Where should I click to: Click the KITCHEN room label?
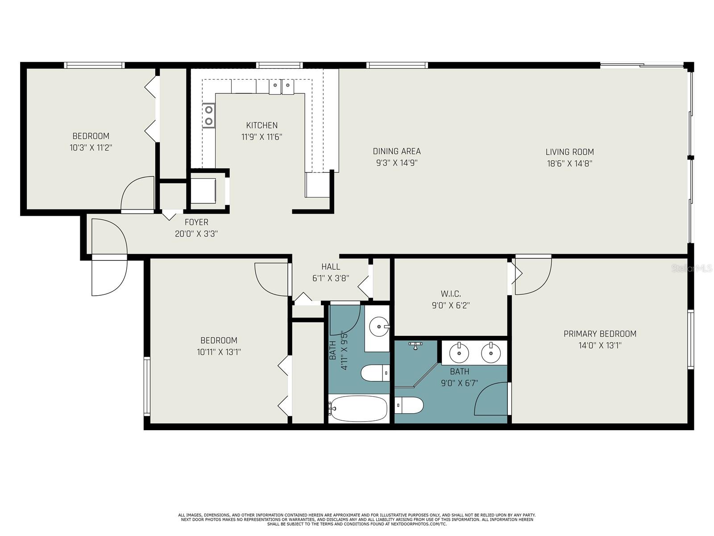(x=262, y=126)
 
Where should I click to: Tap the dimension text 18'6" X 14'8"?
(x=569, y=163)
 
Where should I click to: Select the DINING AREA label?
(x=397, y=151)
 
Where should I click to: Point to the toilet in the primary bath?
(x=409, y=405)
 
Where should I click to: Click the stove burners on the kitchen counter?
(x=208, y=115)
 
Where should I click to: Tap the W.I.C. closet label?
(x=451, y=294)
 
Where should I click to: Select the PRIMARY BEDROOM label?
(x=600, y=334)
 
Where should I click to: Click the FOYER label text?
(x=196, y=222)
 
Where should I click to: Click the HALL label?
(x=331, y=267)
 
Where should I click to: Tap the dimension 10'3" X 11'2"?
(x=91, y=147)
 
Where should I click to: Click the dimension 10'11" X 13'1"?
(x=219, y=352)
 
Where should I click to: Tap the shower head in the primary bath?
(x=415, y=345)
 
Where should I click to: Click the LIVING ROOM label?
(x=569, y=152)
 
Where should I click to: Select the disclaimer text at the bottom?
(x=357, y=519)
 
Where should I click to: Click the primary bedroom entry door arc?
(x=534, y=277)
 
